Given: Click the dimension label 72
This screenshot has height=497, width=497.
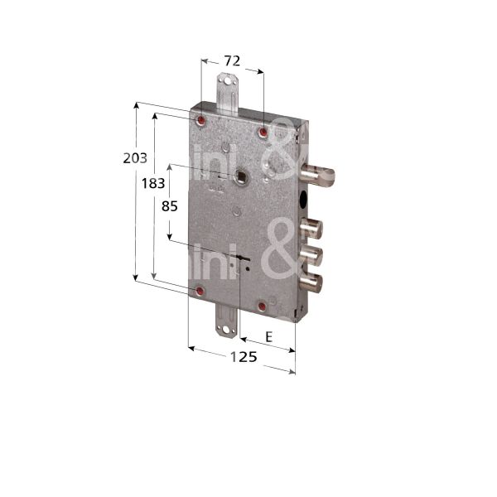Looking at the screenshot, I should click(x=232, y=61).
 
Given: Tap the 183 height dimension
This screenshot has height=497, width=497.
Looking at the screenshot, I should click(x=152, y=184).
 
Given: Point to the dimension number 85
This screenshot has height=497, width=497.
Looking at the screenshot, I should click(x=169, y=207).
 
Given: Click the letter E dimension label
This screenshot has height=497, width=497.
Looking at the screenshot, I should click(x=268, y=336).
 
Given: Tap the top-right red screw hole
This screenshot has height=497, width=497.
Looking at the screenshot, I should click(x=263, y=133).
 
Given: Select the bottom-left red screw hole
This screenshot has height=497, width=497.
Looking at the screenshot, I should click(x=200, y=292).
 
